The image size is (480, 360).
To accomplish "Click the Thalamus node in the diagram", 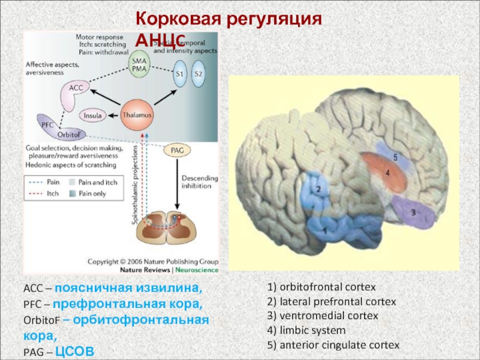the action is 136,114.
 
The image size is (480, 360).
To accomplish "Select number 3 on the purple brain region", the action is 413,212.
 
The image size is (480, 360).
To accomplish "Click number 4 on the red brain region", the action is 388,173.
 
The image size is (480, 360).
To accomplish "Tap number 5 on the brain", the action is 395,157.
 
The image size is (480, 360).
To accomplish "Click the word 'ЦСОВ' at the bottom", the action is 74,350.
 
